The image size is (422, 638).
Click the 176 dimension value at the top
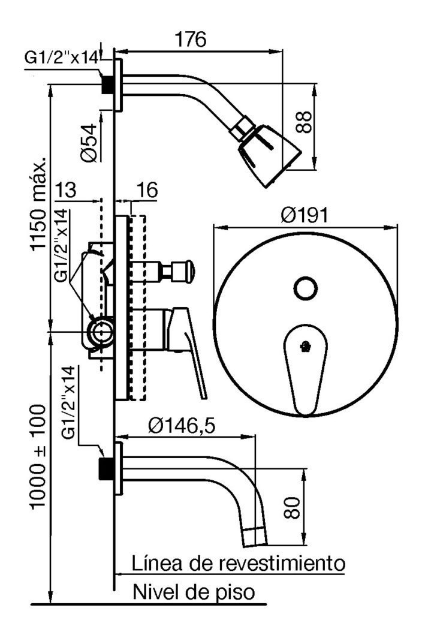191,40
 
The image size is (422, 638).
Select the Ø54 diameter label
89,143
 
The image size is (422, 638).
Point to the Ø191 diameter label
305,215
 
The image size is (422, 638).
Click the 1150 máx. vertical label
39,203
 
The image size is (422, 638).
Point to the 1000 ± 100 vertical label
38,456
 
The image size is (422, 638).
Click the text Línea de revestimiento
239,564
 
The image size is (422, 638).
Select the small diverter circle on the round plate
305,289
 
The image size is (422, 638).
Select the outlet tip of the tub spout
255,537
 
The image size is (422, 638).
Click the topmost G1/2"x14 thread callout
62,58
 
